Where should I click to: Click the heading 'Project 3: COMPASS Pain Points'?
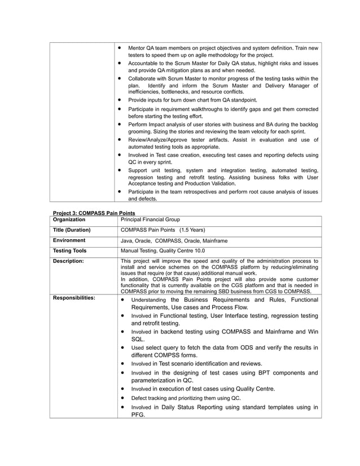coord(90,213)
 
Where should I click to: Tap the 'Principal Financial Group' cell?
coord(150,219)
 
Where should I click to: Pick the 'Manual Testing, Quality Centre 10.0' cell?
coord(163,251)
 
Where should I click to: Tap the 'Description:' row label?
coord(68,261)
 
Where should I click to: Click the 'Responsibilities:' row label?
coord(73,297)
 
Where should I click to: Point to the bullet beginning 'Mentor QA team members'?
coord(223,51)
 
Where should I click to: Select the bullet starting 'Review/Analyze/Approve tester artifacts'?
coord(223,143)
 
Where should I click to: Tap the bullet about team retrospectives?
coord(223,195)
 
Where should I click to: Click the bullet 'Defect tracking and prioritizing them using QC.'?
coord(186,398)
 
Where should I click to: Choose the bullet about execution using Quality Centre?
coord(203,389)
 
